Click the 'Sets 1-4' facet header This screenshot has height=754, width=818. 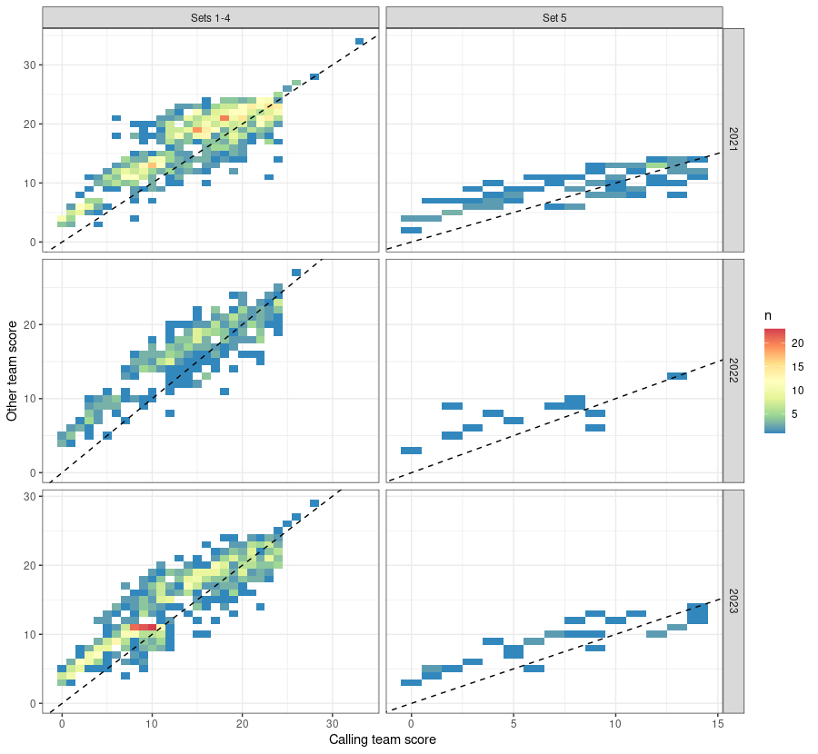point(210,17)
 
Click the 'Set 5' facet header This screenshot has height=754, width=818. point(554,17)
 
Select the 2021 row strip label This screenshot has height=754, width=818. point(733,140)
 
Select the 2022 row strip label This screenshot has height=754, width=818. point(733,371)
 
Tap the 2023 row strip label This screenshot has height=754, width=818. point(733,601)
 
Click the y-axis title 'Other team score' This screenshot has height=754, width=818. point(13,371)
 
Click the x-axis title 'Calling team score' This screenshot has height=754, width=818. point(383,739)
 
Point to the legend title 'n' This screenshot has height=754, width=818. point(768,314)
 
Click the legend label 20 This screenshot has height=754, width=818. point(799,343)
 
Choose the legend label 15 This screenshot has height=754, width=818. point(799,368)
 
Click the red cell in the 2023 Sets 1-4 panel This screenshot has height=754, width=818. point(143,627)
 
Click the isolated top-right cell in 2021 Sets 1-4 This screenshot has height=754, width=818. point(360,41)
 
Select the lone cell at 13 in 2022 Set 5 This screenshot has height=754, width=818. point(676,375)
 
